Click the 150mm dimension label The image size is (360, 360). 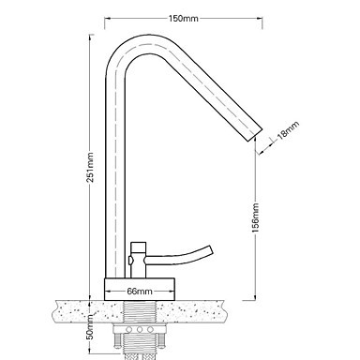pos(184,19)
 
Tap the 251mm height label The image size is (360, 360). pos(90,167)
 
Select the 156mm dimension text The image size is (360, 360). pos(256,217)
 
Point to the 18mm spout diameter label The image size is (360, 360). pos(288,129)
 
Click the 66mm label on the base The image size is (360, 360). pos(140,292)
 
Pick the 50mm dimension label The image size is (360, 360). pos(90,327)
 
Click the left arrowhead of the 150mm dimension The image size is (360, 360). pos(107,19)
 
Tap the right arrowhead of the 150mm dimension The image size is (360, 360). pos(260,19)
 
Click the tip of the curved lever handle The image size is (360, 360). pos(210,249)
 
